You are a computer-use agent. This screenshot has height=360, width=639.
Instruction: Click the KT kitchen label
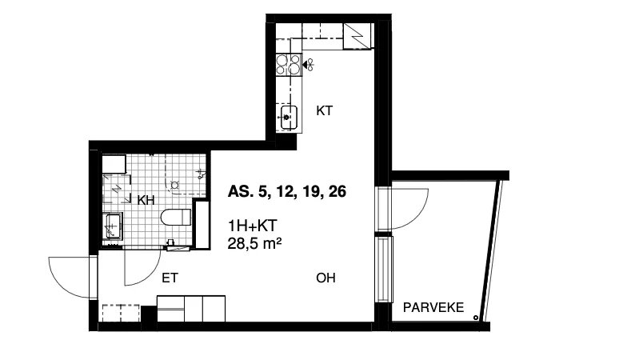pyautogui.click(x=325, y=110)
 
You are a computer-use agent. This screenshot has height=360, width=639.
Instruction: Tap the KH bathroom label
pyautogui.click(x=146, y=200)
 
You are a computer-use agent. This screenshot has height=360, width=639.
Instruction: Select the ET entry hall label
pyautogui.click(x=170, y=278)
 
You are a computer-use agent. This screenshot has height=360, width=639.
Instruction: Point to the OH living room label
pyautogui.click(x=325, y=278)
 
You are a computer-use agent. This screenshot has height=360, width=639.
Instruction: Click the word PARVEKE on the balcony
pyautogui.click(x=433, y=307)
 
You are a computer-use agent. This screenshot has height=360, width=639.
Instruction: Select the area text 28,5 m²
pyautogui.click(x=254, y=243)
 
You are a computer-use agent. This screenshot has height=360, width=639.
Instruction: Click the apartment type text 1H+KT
pyautogui.click(x=252, y=225)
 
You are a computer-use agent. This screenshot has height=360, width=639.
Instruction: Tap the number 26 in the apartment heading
pyautogui.click(x=337, y=191)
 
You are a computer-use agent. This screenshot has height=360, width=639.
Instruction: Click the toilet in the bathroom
pyautogui.click(x=176, y=217)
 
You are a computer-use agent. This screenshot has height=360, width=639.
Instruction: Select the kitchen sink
pyautogui.click(x=289, y=118)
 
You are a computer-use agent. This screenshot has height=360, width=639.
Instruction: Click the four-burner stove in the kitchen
pyautogui.click(x=289, y=65)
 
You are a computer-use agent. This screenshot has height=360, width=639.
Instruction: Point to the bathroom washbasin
pyautogui.click(x=113, y=226)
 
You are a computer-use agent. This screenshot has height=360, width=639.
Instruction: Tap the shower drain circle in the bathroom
pyautogui.click(x=175, y=185)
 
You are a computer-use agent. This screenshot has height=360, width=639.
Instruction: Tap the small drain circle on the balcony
pyautogui.click(x=476, y=317)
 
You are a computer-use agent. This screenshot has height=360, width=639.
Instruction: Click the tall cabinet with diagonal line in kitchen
pyautogui.click(x=357, y=36)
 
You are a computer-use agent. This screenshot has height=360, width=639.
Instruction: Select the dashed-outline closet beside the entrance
pyautogui.click(x=121, y=313)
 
